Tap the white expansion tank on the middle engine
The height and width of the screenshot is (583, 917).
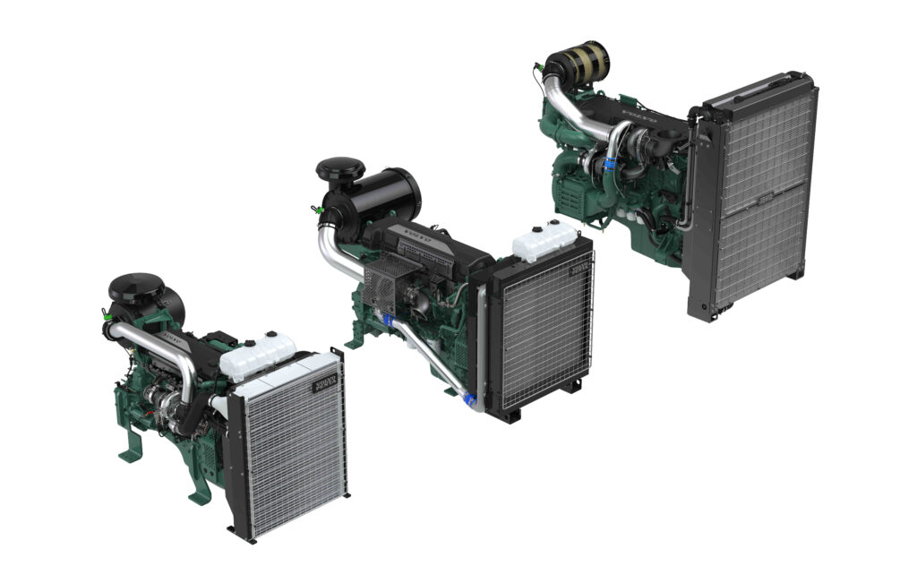543,239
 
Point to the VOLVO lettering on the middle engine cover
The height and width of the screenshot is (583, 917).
417,238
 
